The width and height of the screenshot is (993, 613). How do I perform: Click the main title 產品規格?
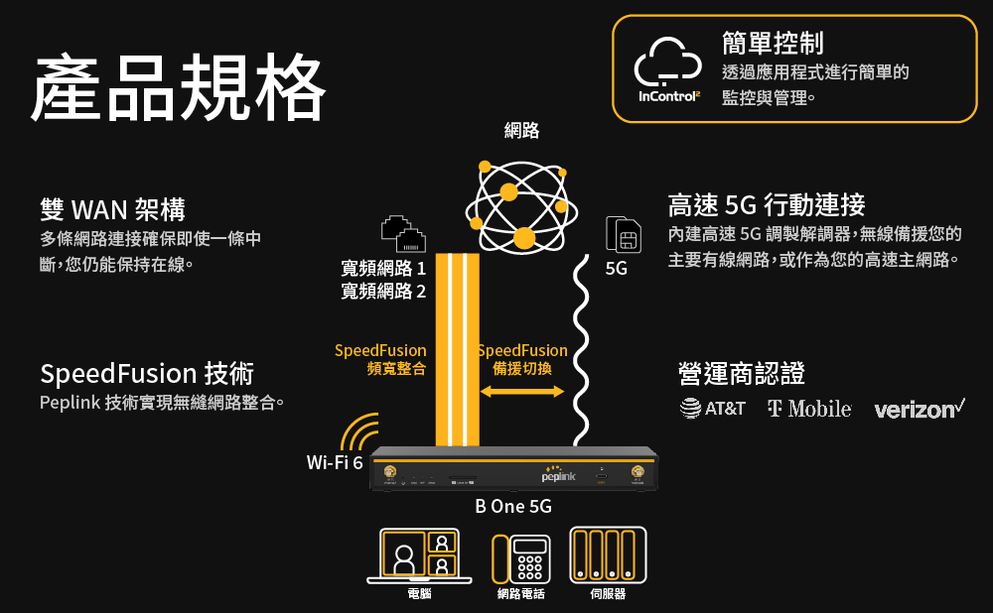[179, 86]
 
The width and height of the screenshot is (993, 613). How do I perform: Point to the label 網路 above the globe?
[521, 130]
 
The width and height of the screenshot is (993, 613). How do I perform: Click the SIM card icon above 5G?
[623, 235]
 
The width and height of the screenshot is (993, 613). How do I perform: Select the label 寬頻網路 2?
[382, 291]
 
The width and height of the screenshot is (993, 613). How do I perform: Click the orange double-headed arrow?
[522, 392]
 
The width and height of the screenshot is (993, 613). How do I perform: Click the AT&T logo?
[712, 408]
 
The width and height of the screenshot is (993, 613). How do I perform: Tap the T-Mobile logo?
[809, 408]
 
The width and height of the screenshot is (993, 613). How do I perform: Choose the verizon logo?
[920, 408]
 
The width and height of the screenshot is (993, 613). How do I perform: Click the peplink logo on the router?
[559, 475]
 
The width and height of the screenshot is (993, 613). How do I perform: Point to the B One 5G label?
[513, 507]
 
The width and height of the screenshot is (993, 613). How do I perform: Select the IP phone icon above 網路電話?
[521, 558]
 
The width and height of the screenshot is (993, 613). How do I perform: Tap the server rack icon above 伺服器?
[608, 555]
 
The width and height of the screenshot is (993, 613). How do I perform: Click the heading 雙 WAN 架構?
[112, 209]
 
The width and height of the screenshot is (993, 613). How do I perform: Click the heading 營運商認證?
[741, 374]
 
